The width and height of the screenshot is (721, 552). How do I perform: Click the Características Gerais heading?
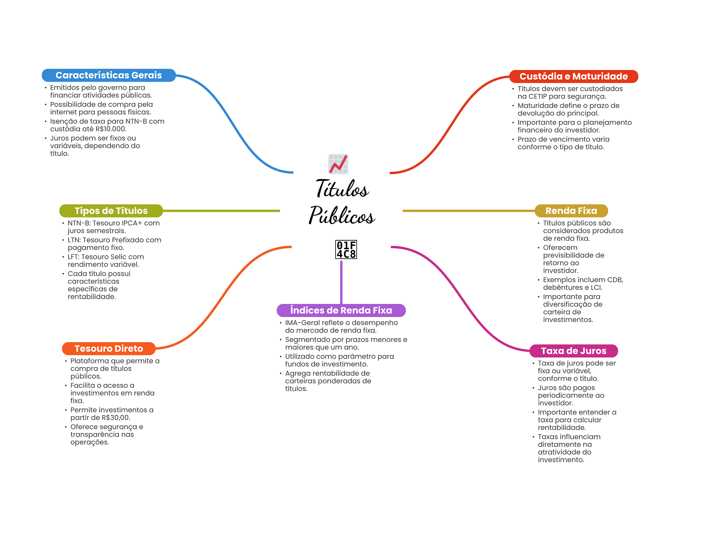pos(108,75)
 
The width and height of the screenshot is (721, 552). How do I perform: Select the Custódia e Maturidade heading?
pos(573,76)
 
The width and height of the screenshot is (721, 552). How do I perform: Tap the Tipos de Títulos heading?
pos(111,211)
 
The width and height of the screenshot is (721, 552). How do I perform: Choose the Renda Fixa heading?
pos(571,211)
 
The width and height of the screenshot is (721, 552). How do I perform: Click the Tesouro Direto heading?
pos(108,349)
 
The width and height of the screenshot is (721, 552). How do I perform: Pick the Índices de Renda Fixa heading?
pos(341,310)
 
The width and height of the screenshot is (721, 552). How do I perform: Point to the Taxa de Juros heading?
pos(573,351)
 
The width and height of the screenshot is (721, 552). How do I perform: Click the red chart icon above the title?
pos(338,164)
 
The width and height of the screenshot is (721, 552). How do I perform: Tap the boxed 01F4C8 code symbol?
pos(346,249)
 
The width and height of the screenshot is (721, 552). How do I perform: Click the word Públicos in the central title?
pos(342,215)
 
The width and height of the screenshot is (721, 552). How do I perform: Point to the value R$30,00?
pos(115,418)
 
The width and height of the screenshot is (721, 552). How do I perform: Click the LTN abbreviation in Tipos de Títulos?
pos(73,240)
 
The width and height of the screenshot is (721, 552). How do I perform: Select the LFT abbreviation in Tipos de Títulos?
pos(73,257)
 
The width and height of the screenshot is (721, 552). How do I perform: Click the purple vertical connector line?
pos(341,281)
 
